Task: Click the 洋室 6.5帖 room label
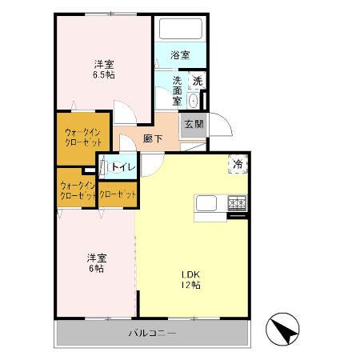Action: pos(102,70)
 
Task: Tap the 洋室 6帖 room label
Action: pos(96,263)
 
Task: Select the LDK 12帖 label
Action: pos(190,279)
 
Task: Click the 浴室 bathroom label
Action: pos(180,55)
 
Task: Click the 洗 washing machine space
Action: pos(198,80)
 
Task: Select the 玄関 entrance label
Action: pos(193,124)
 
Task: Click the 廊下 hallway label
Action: pos(153,138)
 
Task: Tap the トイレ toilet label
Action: pos(122,167)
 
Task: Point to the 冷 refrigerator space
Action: pos(238,163)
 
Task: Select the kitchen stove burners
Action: pos(238,203)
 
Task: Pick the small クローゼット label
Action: pos(117,194)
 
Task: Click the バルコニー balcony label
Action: pos(151,332)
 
